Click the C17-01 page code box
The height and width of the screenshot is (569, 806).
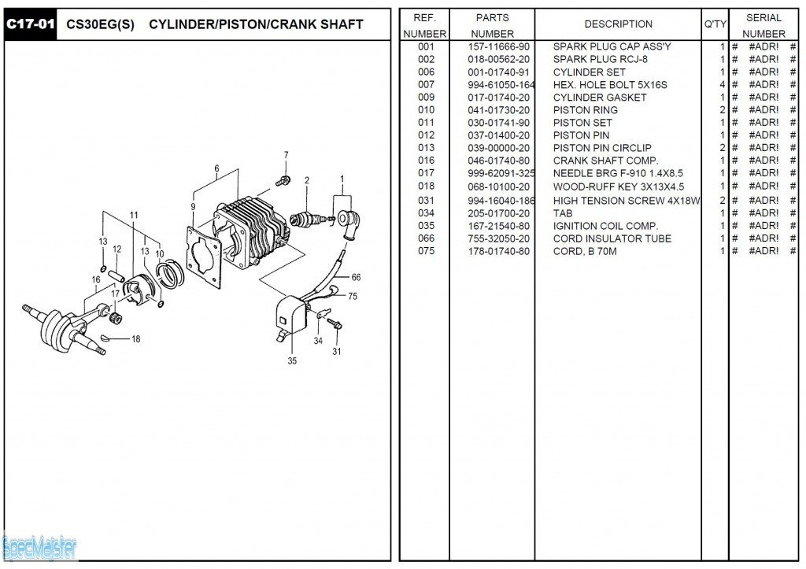(x=31, y=24)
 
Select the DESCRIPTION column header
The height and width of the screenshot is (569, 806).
(x=618, y=24)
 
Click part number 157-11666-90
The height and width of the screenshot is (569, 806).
(x=498, y=47)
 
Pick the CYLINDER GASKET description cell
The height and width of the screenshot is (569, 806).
(x=600, y=98)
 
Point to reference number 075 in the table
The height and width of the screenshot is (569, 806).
(x=426, y=252)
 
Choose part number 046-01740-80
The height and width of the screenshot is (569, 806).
(x=498, y=161)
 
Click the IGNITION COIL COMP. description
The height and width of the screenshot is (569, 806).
(x=605, y=226)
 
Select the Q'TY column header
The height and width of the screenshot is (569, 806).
(x=715, y=24)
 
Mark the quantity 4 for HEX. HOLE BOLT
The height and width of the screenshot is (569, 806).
(x=722, y=85)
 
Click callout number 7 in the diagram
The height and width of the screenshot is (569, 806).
(x=286, y=155)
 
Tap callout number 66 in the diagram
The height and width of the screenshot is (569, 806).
(x=356, y=277)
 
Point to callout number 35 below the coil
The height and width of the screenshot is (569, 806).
(x=292, y=362)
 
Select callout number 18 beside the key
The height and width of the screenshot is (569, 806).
(x=135, y=339)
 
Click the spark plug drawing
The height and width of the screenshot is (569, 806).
(x=305, y=220)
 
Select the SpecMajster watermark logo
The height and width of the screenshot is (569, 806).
(x=39, y=545)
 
